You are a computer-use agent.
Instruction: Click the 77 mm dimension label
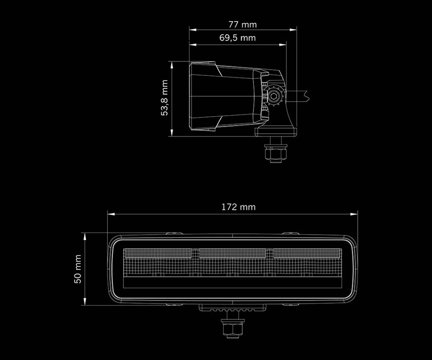[243, 24]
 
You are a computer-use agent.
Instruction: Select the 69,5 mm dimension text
[238, 37]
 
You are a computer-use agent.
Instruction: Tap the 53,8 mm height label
[165, 98]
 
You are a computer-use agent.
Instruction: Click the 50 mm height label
[78, 269]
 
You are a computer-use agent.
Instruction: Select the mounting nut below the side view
[275, 153]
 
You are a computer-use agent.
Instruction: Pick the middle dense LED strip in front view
[232, 252]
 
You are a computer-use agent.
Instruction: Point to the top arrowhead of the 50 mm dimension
[85, 236]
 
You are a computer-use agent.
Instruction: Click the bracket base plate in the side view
[275, 131]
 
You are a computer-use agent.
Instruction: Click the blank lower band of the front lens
[232, 282]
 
